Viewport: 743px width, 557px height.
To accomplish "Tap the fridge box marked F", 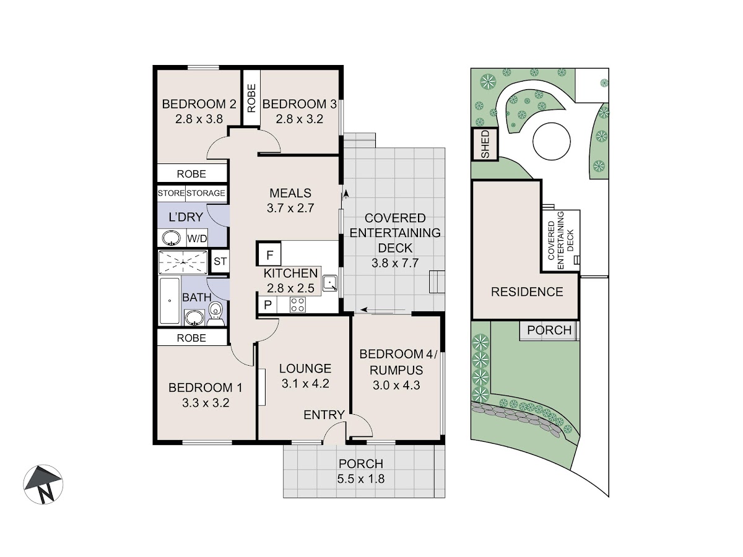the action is pos(269,254).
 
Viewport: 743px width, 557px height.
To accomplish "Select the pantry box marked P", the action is pos(267,304).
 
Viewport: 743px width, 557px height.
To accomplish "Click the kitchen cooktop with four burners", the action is pos(297,304).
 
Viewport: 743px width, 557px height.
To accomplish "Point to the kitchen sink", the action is pos(329,283).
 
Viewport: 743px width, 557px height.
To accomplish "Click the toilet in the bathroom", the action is pos(215,314).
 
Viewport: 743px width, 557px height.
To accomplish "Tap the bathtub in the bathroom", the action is pos(169,301).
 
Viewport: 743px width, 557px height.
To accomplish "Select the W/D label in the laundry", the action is pos(197,238).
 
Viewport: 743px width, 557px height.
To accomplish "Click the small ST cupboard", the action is pos(220,261).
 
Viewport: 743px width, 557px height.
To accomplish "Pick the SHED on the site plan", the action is pos(485,144).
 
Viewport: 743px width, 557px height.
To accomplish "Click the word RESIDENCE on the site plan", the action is pos(527,292).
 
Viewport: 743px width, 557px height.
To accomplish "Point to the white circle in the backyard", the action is pos(552,140).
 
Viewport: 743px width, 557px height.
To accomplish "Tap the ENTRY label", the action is pos(324,415).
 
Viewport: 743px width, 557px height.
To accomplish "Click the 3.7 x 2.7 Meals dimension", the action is pos(290,208).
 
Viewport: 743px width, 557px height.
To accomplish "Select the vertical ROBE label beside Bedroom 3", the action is pos(251,98).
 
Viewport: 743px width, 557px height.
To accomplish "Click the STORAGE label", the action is pos(206,193).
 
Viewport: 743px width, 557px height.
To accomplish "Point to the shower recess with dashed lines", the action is pos(183,262).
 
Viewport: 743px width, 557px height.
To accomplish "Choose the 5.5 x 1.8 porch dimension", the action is pos(361,479).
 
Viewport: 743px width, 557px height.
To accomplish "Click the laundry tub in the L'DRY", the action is pos(172,238).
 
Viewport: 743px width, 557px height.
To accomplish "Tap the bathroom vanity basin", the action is pos(194,317).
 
